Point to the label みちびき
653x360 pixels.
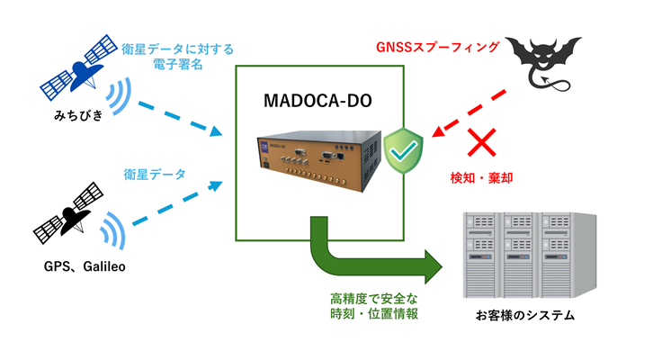[x=76, y=119]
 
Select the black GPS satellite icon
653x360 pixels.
[x=67, y=213]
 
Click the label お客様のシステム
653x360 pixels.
[x=524, y=316]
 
